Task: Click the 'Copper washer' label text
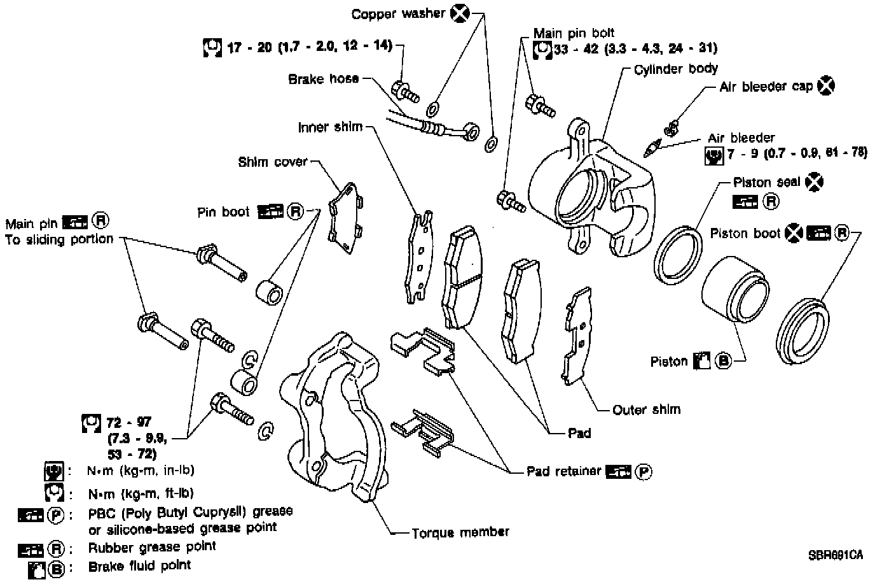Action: (x=398, y=14)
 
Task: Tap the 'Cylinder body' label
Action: (x=676, y=69)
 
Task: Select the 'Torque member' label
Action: (x=460, y=532)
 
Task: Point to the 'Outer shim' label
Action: (x=647, y=409)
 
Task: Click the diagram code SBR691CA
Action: (x=836, y=555)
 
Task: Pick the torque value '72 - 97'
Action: (x=128, y=422)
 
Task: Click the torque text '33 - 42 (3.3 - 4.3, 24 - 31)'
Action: (x=635, y=48)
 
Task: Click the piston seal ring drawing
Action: (x=678, y=255)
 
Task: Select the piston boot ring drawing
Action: (x=803, y=331)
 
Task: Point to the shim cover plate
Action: (x=345, y=218)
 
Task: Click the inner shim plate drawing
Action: (x=419, y=257)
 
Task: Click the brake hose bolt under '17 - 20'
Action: (x=405, y=92)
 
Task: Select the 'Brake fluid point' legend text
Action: (x=139, y=566)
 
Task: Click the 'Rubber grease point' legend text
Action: (x=152, y=547)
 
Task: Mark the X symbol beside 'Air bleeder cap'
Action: (x=826, y=85)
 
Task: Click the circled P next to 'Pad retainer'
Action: (x=644, y=472)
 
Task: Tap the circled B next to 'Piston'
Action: (x=723, y=361)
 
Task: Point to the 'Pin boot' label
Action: (x=223, y=212)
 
